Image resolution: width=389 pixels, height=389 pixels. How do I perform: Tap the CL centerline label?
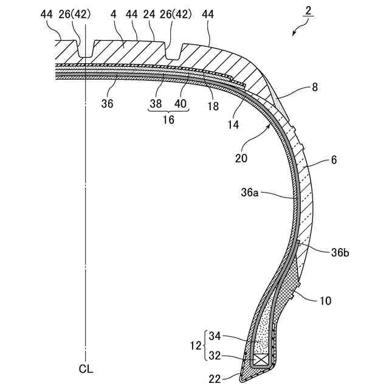(86, 368)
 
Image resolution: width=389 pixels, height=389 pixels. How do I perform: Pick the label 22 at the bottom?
(216, 379)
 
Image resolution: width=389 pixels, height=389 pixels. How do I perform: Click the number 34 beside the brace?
(216, 336)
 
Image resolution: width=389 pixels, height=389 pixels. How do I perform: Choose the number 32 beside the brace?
(216, 356)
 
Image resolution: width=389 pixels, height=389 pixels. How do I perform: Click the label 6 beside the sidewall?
(334, 161)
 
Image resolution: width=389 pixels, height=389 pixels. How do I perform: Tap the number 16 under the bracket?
(168, 120)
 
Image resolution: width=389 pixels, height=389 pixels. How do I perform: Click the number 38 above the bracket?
(156, 104)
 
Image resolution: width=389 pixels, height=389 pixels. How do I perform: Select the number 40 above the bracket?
(181, 104)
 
